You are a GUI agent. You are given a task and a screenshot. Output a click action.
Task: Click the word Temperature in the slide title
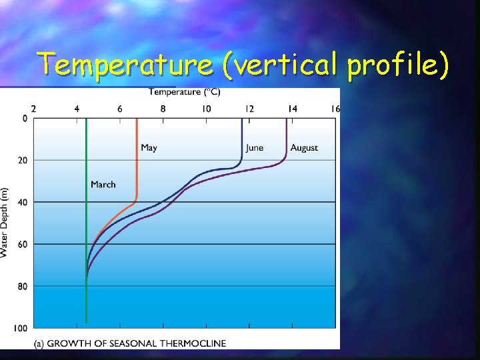[126, 65]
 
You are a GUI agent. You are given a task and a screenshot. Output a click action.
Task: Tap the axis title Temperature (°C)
[185, 91]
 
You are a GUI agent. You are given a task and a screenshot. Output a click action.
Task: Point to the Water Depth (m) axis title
[5, 223]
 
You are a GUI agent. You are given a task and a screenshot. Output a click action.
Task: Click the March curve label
[103, 184]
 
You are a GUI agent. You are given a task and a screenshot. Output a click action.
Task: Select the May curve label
[149, 148]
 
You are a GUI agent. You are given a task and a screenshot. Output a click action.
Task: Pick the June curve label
[254, 148]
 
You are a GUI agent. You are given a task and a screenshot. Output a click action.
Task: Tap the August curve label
[304, 148]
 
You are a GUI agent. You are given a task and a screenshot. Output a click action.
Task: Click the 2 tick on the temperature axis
[34, 109]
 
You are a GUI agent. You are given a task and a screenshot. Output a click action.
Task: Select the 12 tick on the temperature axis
[249, 109]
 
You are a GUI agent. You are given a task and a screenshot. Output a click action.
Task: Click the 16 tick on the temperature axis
[335, 109]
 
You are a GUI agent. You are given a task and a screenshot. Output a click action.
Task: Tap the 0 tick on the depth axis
[25, 119]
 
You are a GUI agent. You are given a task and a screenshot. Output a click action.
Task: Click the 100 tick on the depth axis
[21, 328]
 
